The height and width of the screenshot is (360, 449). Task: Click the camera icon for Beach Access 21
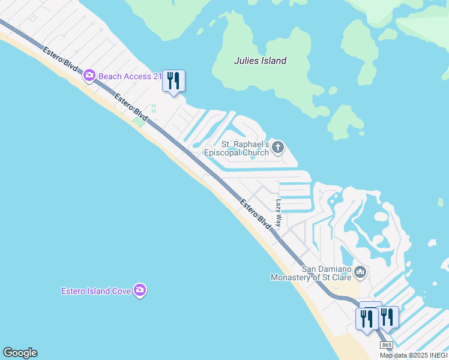89,76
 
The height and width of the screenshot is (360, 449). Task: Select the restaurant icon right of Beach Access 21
173,81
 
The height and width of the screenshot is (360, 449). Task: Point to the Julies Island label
259,61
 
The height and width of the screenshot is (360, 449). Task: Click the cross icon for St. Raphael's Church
277,146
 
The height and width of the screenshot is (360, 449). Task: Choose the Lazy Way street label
278,213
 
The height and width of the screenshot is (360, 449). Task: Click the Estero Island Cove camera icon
140,291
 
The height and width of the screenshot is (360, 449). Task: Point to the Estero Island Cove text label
97,291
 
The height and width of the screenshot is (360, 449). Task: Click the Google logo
20,353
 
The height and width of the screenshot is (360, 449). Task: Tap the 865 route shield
387,346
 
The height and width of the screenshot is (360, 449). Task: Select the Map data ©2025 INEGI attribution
414,355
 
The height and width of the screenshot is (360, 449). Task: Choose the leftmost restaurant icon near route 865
367,318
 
